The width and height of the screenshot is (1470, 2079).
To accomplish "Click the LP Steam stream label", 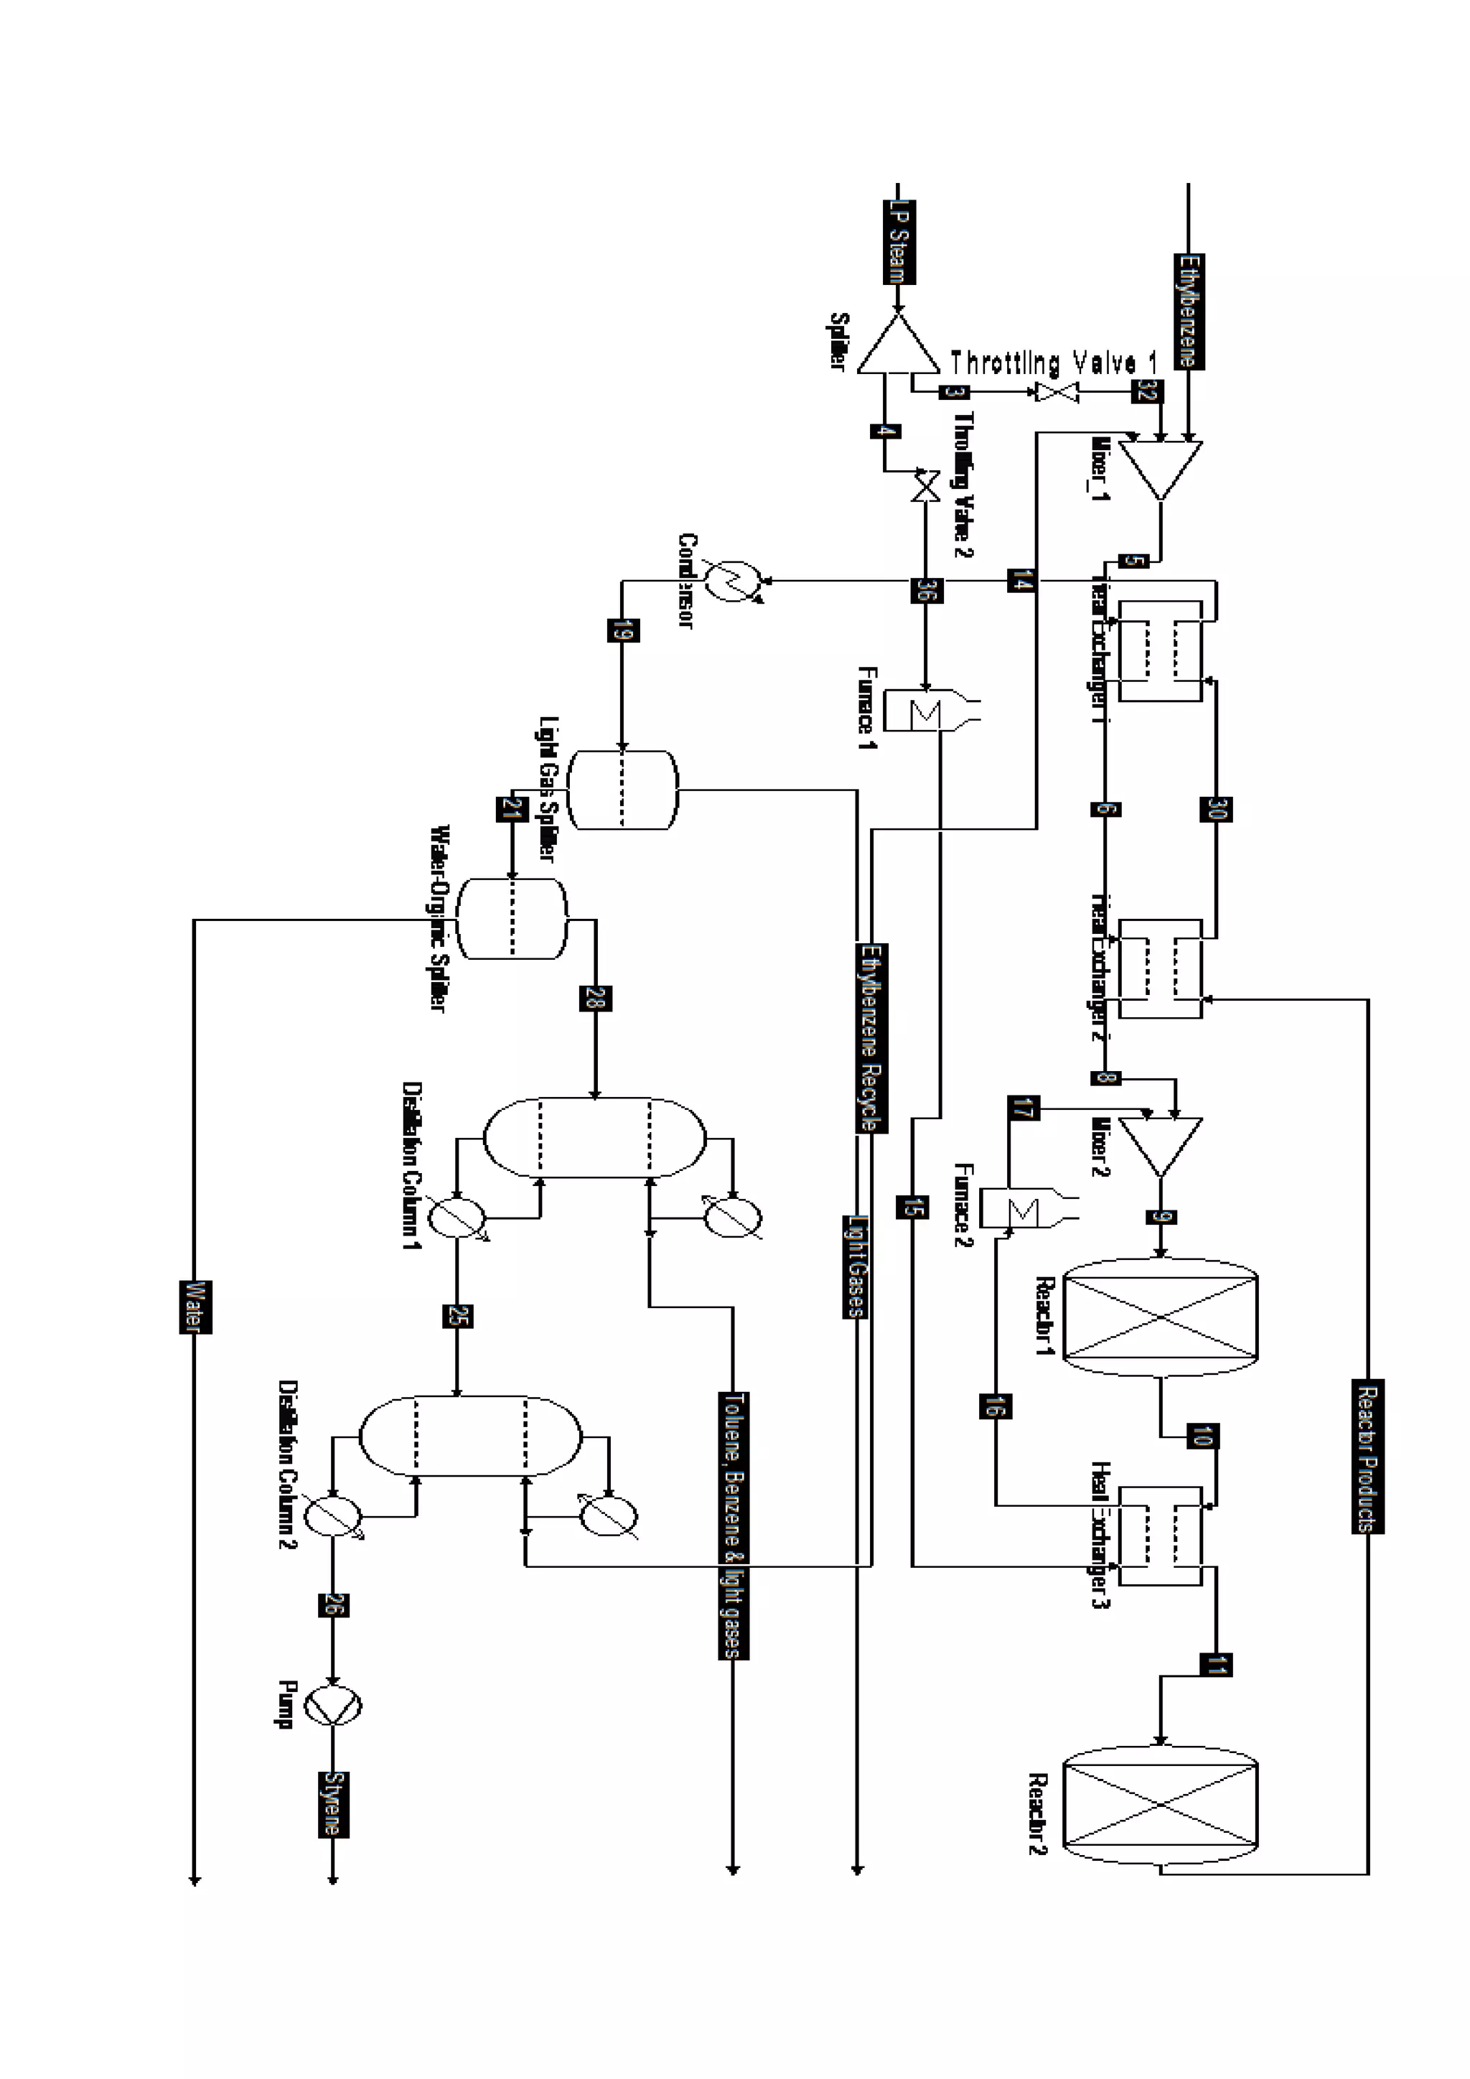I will (899, 242).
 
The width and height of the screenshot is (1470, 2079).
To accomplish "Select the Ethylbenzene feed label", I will (1189, 312).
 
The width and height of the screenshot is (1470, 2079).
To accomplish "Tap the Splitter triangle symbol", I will (898, 347).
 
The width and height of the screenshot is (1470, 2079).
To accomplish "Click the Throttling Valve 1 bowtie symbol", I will (1057, 393).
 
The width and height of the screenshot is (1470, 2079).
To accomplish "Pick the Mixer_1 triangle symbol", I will (1161, 467).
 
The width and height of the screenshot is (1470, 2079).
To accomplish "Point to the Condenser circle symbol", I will (734, 581).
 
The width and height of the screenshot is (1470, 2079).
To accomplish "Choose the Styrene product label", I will (333, 1804).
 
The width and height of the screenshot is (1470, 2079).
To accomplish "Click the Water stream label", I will (195, 1307).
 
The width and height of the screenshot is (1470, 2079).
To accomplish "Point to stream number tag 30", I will (1216, 808).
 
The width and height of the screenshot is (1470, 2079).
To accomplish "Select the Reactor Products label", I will (1367, 1456).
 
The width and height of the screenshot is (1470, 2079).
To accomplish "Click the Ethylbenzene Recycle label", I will (871, 1037).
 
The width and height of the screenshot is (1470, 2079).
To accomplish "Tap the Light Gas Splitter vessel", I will (622, 790).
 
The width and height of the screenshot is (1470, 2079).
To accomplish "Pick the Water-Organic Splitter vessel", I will (512, 919).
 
